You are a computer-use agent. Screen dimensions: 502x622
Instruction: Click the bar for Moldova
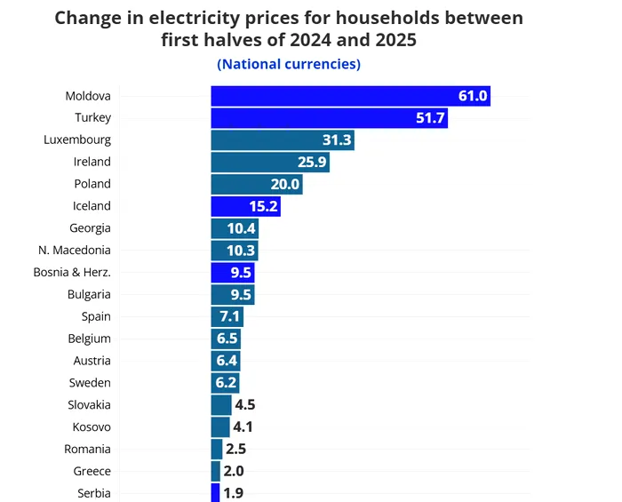coord(350,96)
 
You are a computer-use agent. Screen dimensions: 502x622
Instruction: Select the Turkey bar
coord(329,118)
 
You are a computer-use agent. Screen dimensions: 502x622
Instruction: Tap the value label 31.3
coord(338,140)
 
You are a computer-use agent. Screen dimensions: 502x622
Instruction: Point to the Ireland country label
coord(92,162)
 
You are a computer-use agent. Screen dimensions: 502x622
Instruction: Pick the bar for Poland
coord(257,184)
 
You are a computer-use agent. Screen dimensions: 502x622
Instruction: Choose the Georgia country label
coord(90,228)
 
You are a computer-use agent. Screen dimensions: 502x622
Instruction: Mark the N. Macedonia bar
coord(235,251)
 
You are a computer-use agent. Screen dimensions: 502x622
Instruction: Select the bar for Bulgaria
coord(233,294)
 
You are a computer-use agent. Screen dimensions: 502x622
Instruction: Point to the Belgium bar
coord(226,339)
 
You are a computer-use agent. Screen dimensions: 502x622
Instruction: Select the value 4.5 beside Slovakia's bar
coord(245,405)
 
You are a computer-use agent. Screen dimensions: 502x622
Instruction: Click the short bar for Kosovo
coord(220,427)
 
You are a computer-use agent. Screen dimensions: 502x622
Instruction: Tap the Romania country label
coord(88,450)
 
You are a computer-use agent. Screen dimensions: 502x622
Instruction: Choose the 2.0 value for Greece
coord(234,472)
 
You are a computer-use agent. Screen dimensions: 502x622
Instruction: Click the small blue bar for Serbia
coord(215,493)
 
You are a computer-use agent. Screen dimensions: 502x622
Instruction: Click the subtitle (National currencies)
coord(289,64)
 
